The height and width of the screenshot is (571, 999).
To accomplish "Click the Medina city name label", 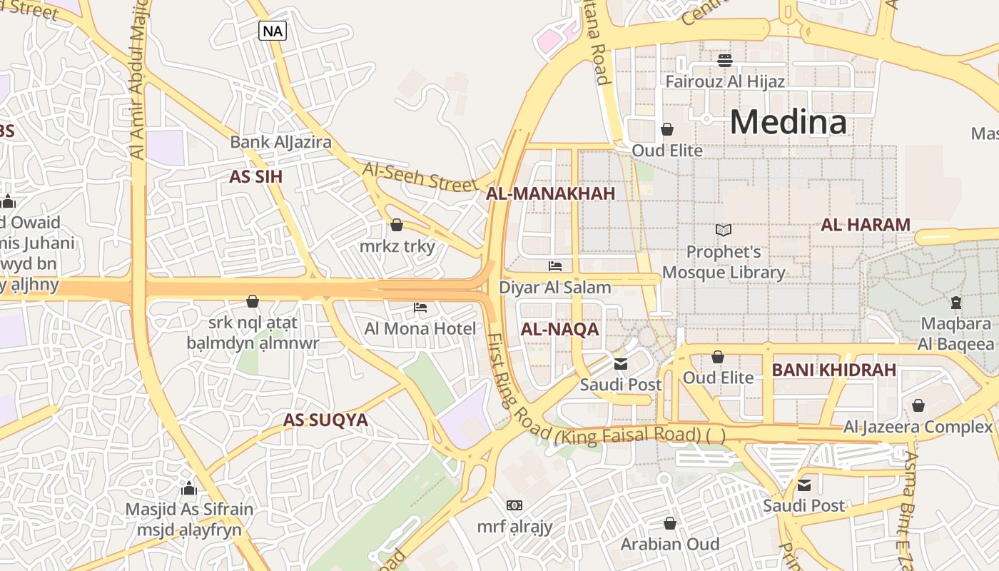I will pos(788,121).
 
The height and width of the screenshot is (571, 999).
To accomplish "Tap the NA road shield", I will pos(272,31).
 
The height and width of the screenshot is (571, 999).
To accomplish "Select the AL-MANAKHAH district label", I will pos(550,193).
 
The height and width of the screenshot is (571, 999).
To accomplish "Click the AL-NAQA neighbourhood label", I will pos(559,329).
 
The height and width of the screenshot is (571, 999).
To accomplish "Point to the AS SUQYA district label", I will pos(325,420).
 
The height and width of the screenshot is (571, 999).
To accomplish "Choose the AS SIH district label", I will pos(255,177).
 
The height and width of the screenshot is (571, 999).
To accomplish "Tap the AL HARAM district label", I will pos(866,225).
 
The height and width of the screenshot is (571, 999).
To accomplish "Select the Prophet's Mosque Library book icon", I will pos(724,230).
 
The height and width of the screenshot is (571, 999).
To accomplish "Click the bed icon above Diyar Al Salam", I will pos(555,266).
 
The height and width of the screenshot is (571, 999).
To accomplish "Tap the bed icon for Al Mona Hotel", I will pos(420,308).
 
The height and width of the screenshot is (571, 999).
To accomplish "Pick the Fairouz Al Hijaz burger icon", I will pos(725,60).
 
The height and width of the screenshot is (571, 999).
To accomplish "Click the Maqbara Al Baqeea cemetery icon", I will pos(956,303).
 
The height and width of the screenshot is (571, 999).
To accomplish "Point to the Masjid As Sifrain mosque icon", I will pos(189,488).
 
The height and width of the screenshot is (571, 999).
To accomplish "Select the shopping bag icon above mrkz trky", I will pos(397,225).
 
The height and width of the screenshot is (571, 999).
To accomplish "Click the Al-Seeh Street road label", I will pos(420,176).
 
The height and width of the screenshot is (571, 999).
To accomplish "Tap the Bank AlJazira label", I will pos(280,142).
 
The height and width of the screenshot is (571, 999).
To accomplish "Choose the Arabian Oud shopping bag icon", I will pos(669,523).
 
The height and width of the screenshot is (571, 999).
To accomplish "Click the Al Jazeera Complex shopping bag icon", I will pos(918,405).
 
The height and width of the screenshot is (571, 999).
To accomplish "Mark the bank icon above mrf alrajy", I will pos(514,505).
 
